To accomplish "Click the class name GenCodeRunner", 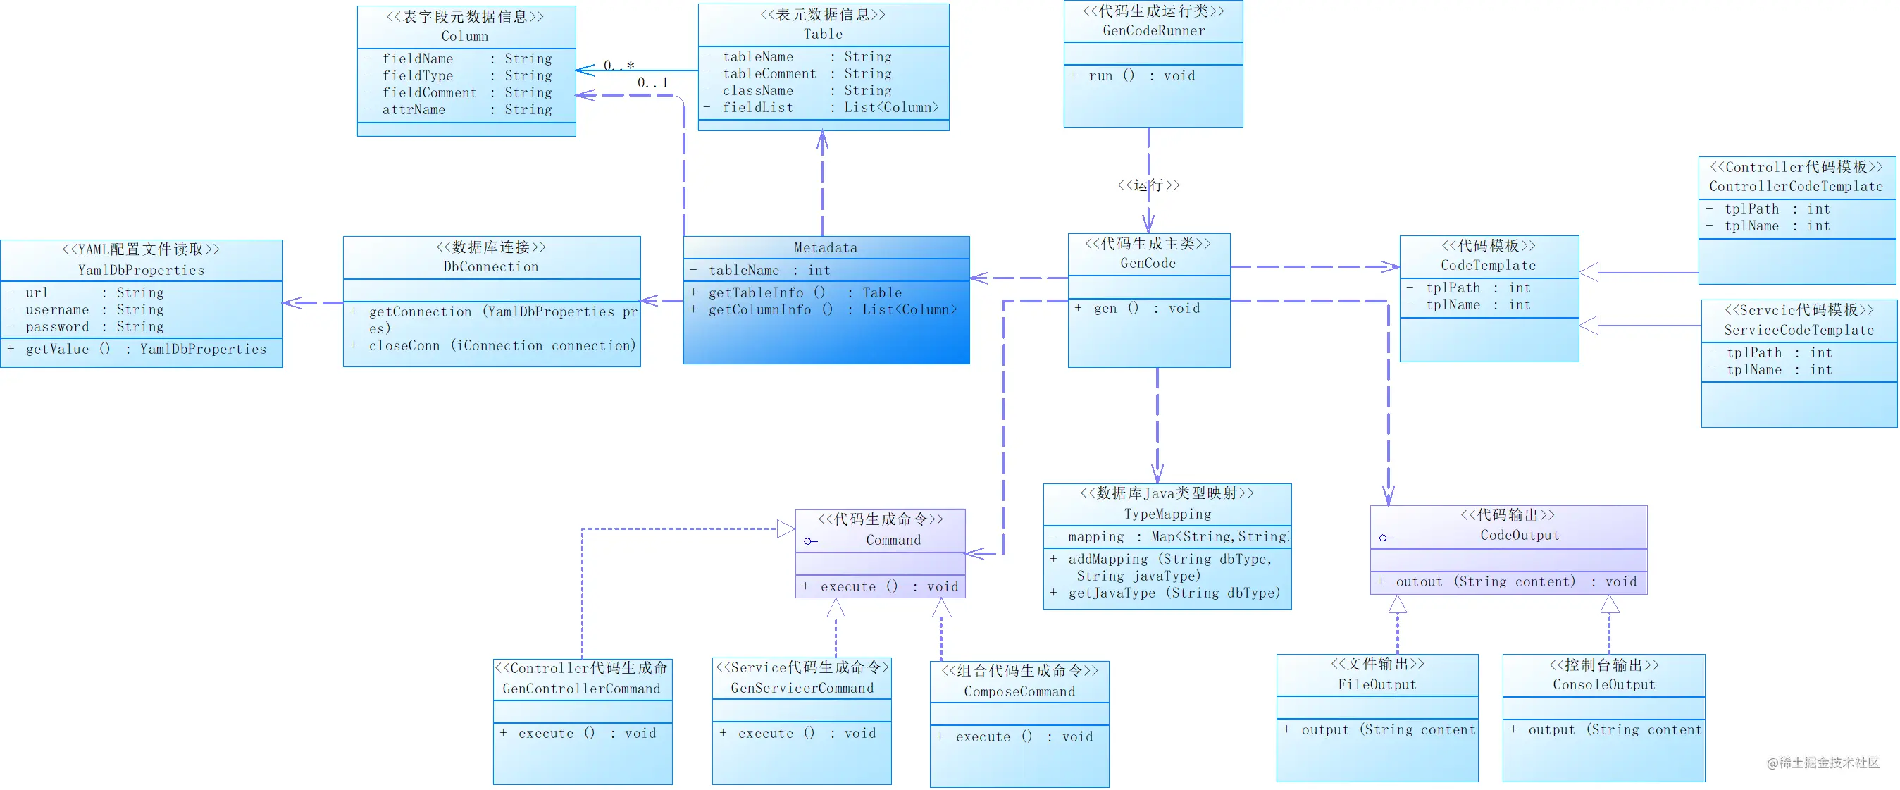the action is pyautogui.click(x=1153, y=30).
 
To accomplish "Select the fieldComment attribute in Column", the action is pyautogui.click(x=457, y=92).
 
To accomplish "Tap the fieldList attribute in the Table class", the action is pyautogui.click(x=821, y=107).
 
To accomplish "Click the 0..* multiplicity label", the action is pyautogui.click(x=619, y=66).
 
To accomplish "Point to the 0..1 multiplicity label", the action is pyautogui.click(x=653, y=82).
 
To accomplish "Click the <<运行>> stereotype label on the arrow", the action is pyautogui.click(x=1148, y=185).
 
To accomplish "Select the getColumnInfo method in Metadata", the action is pyautogui.click(x=824, y=310).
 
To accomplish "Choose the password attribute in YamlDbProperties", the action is pyautogui.click(x=86, y=326).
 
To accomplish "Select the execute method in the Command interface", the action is pyautogui.click(x=880, y=586).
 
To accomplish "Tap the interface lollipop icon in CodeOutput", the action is pyautogui.click(x=1386, y=538).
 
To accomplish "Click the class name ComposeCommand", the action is pyautogui.click(x=1019, y=691).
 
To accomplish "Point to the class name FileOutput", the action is pyautogui.click(x=1377, y=684).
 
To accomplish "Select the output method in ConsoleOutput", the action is pyautogui.click(x=1606, y=729).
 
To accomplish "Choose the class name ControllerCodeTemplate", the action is pyautogui.click(x=1796, y=186).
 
